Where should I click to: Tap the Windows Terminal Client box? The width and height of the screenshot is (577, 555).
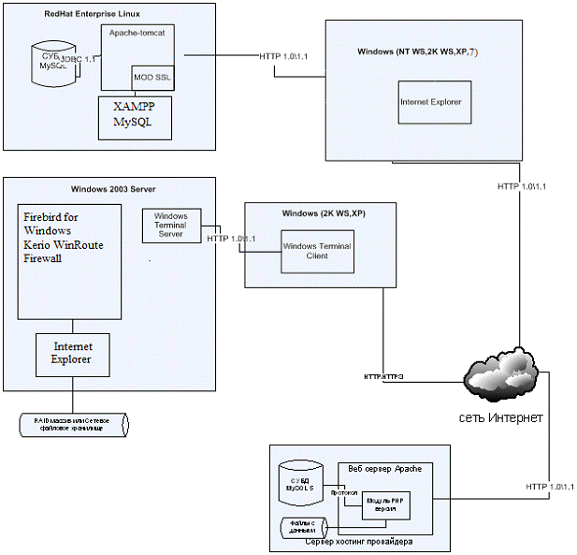pos(317,249)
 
